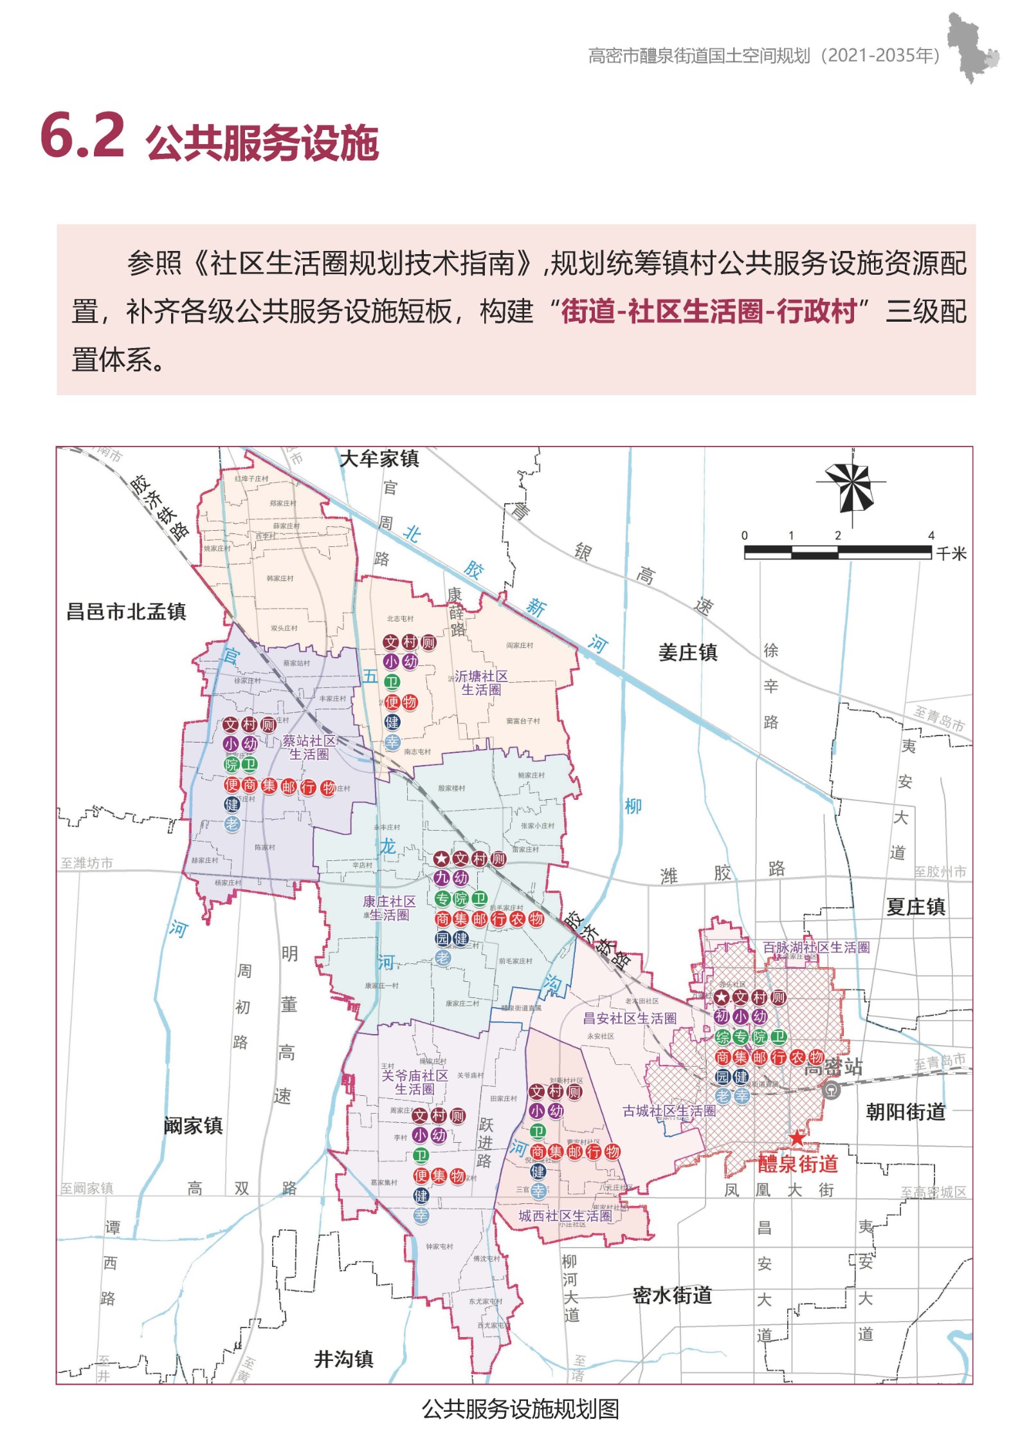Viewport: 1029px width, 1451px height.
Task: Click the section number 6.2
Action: coord(82,136)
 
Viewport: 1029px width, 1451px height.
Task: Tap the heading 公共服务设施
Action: coord(262,143)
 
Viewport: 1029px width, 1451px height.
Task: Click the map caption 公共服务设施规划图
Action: coord(520,1409)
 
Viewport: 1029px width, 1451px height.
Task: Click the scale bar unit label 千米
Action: coord(951,553)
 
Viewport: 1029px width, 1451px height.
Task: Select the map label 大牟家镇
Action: coord(379,459)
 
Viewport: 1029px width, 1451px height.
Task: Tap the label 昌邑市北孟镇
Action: coord(126,611)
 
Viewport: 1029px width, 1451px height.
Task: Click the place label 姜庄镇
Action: coord(688,652)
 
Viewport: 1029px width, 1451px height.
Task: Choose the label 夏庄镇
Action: coord(915,907)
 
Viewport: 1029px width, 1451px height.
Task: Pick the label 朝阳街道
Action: coord(905,1111)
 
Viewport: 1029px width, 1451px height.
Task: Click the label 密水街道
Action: coord(672,1295)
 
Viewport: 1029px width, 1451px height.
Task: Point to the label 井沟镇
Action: coord(343,1359)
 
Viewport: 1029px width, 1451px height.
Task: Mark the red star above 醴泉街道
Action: coord(796,1138)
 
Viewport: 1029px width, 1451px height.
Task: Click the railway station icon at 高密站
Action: coord(831,1091)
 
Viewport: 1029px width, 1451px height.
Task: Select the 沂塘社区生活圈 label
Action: coord(481,682)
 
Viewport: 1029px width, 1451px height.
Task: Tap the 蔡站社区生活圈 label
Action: coord(309,747)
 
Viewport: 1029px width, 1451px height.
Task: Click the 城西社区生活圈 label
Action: coord(565,1215)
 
